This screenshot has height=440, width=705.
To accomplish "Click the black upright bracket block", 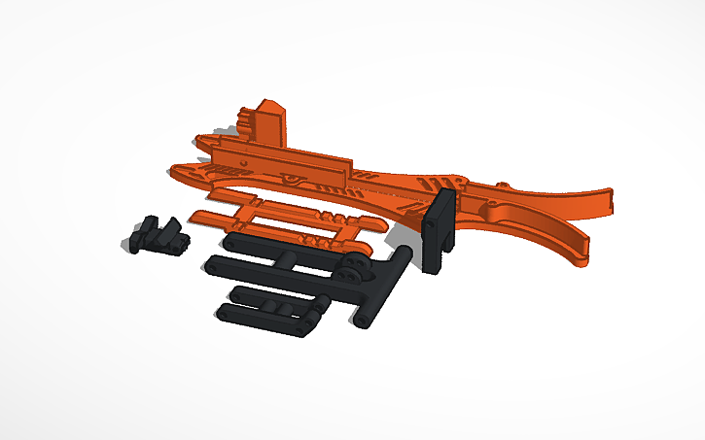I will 442,231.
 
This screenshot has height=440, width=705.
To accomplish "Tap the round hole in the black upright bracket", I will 429,223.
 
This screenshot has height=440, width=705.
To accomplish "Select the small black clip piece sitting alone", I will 156,235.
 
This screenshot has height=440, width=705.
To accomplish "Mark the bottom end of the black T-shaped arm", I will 362,320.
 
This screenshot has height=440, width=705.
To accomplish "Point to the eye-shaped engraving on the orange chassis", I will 289,181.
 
